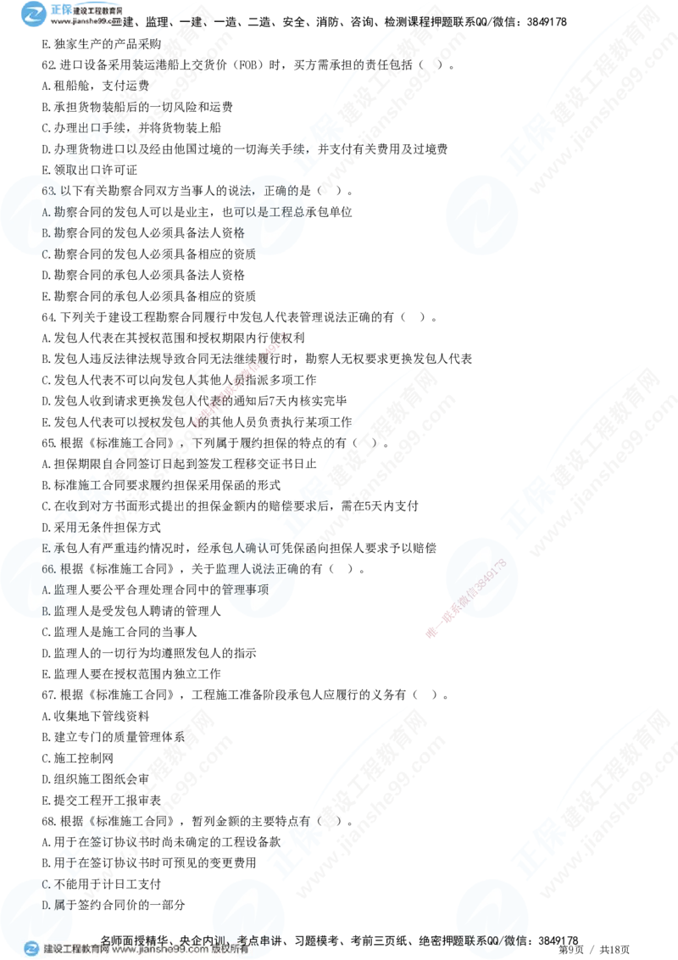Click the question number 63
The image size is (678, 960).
(48, 191)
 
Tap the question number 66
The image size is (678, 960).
(48, 569)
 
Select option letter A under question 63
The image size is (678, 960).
(45, 211)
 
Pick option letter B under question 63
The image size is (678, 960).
(45, 232)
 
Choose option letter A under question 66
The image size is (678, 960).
(45, 589)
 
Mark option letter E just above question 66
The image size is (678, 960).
(45, 549)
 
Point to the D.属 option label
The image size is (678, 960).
(51, 905)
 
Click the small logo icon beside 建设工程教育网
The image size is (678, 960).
(32, 949)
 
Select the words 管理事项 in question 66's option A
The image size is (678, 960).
(245, 589)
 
